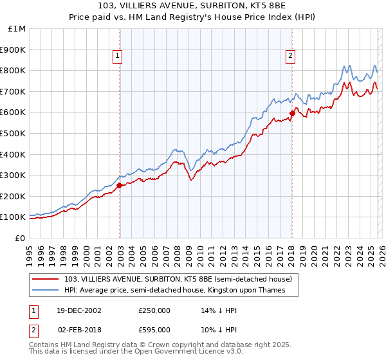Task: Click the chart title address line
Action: tap(193, 6)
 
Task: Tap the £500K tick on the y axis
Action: tap(14, 133)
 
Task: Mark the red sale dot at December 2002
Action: tap(120, 185)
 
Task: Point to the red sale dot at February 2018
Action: tap(291, 113)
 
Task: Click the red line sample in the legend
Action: tap(46, 279)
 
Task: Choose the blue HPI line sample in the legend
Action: tap(46, 291)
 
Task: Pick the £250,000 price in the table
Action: tap(154, 310)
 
